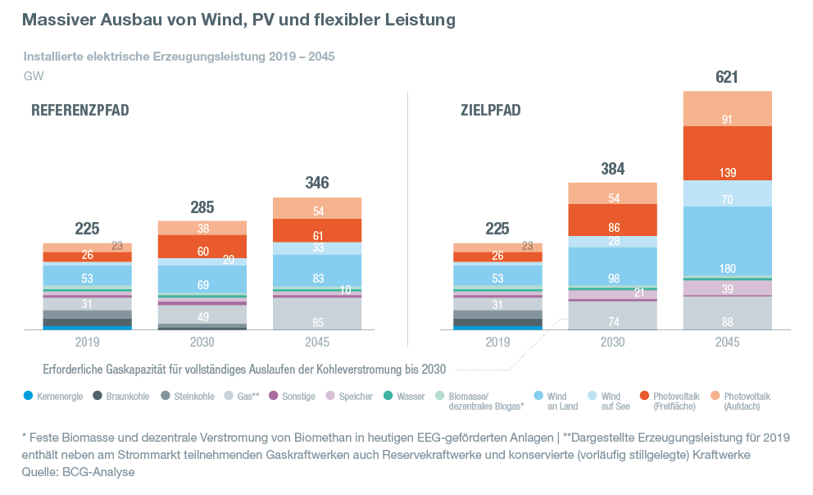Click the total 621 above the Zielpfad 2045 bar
(727, 78)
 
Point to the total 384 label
(612, 170)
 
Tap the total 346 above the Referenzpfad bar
(317, 184)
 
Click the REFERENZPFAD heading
(79, 111)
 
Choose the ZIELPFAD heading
(490, 111)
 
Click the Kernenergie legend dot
(29, 396)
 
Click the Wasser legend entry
(405, 396)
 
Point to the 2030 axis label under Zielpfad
(612, 342)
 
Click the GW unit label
(33, 76)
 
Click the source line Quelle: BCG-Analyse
(79, 472)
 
